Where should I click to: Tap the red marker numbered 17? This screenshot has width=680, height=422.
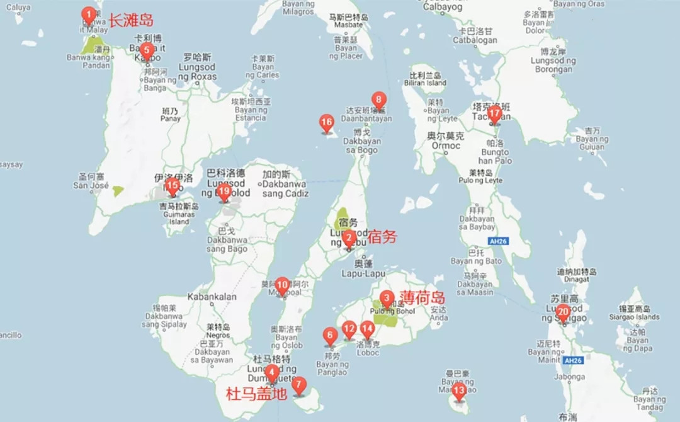pos(495,114)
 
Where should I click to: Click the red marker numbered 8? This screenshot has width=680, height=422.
pos(378,100)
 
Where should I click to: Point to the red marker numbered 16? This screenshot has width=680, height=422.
pos(326,122)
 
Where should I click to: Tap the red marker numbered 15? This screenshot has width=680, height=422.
pos(172,186)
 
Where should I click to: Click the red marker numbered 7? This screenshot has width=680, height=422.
pos(298,384)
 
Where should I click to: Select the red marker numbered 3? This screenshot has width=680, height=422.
pos(387,299)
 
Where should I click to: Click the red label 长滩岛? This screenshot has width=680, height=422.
pos(130,20)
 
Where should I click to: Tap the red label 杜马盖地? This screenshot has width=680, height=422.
pos(256,394)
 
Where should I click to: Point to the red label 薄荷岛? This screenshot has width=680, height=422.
pos(422,297)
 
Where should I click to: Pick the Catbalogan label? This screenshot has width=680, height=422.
pos(475,40)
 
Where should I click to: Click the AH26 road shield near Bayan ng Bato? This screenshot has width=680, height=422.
pos(497,241)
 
